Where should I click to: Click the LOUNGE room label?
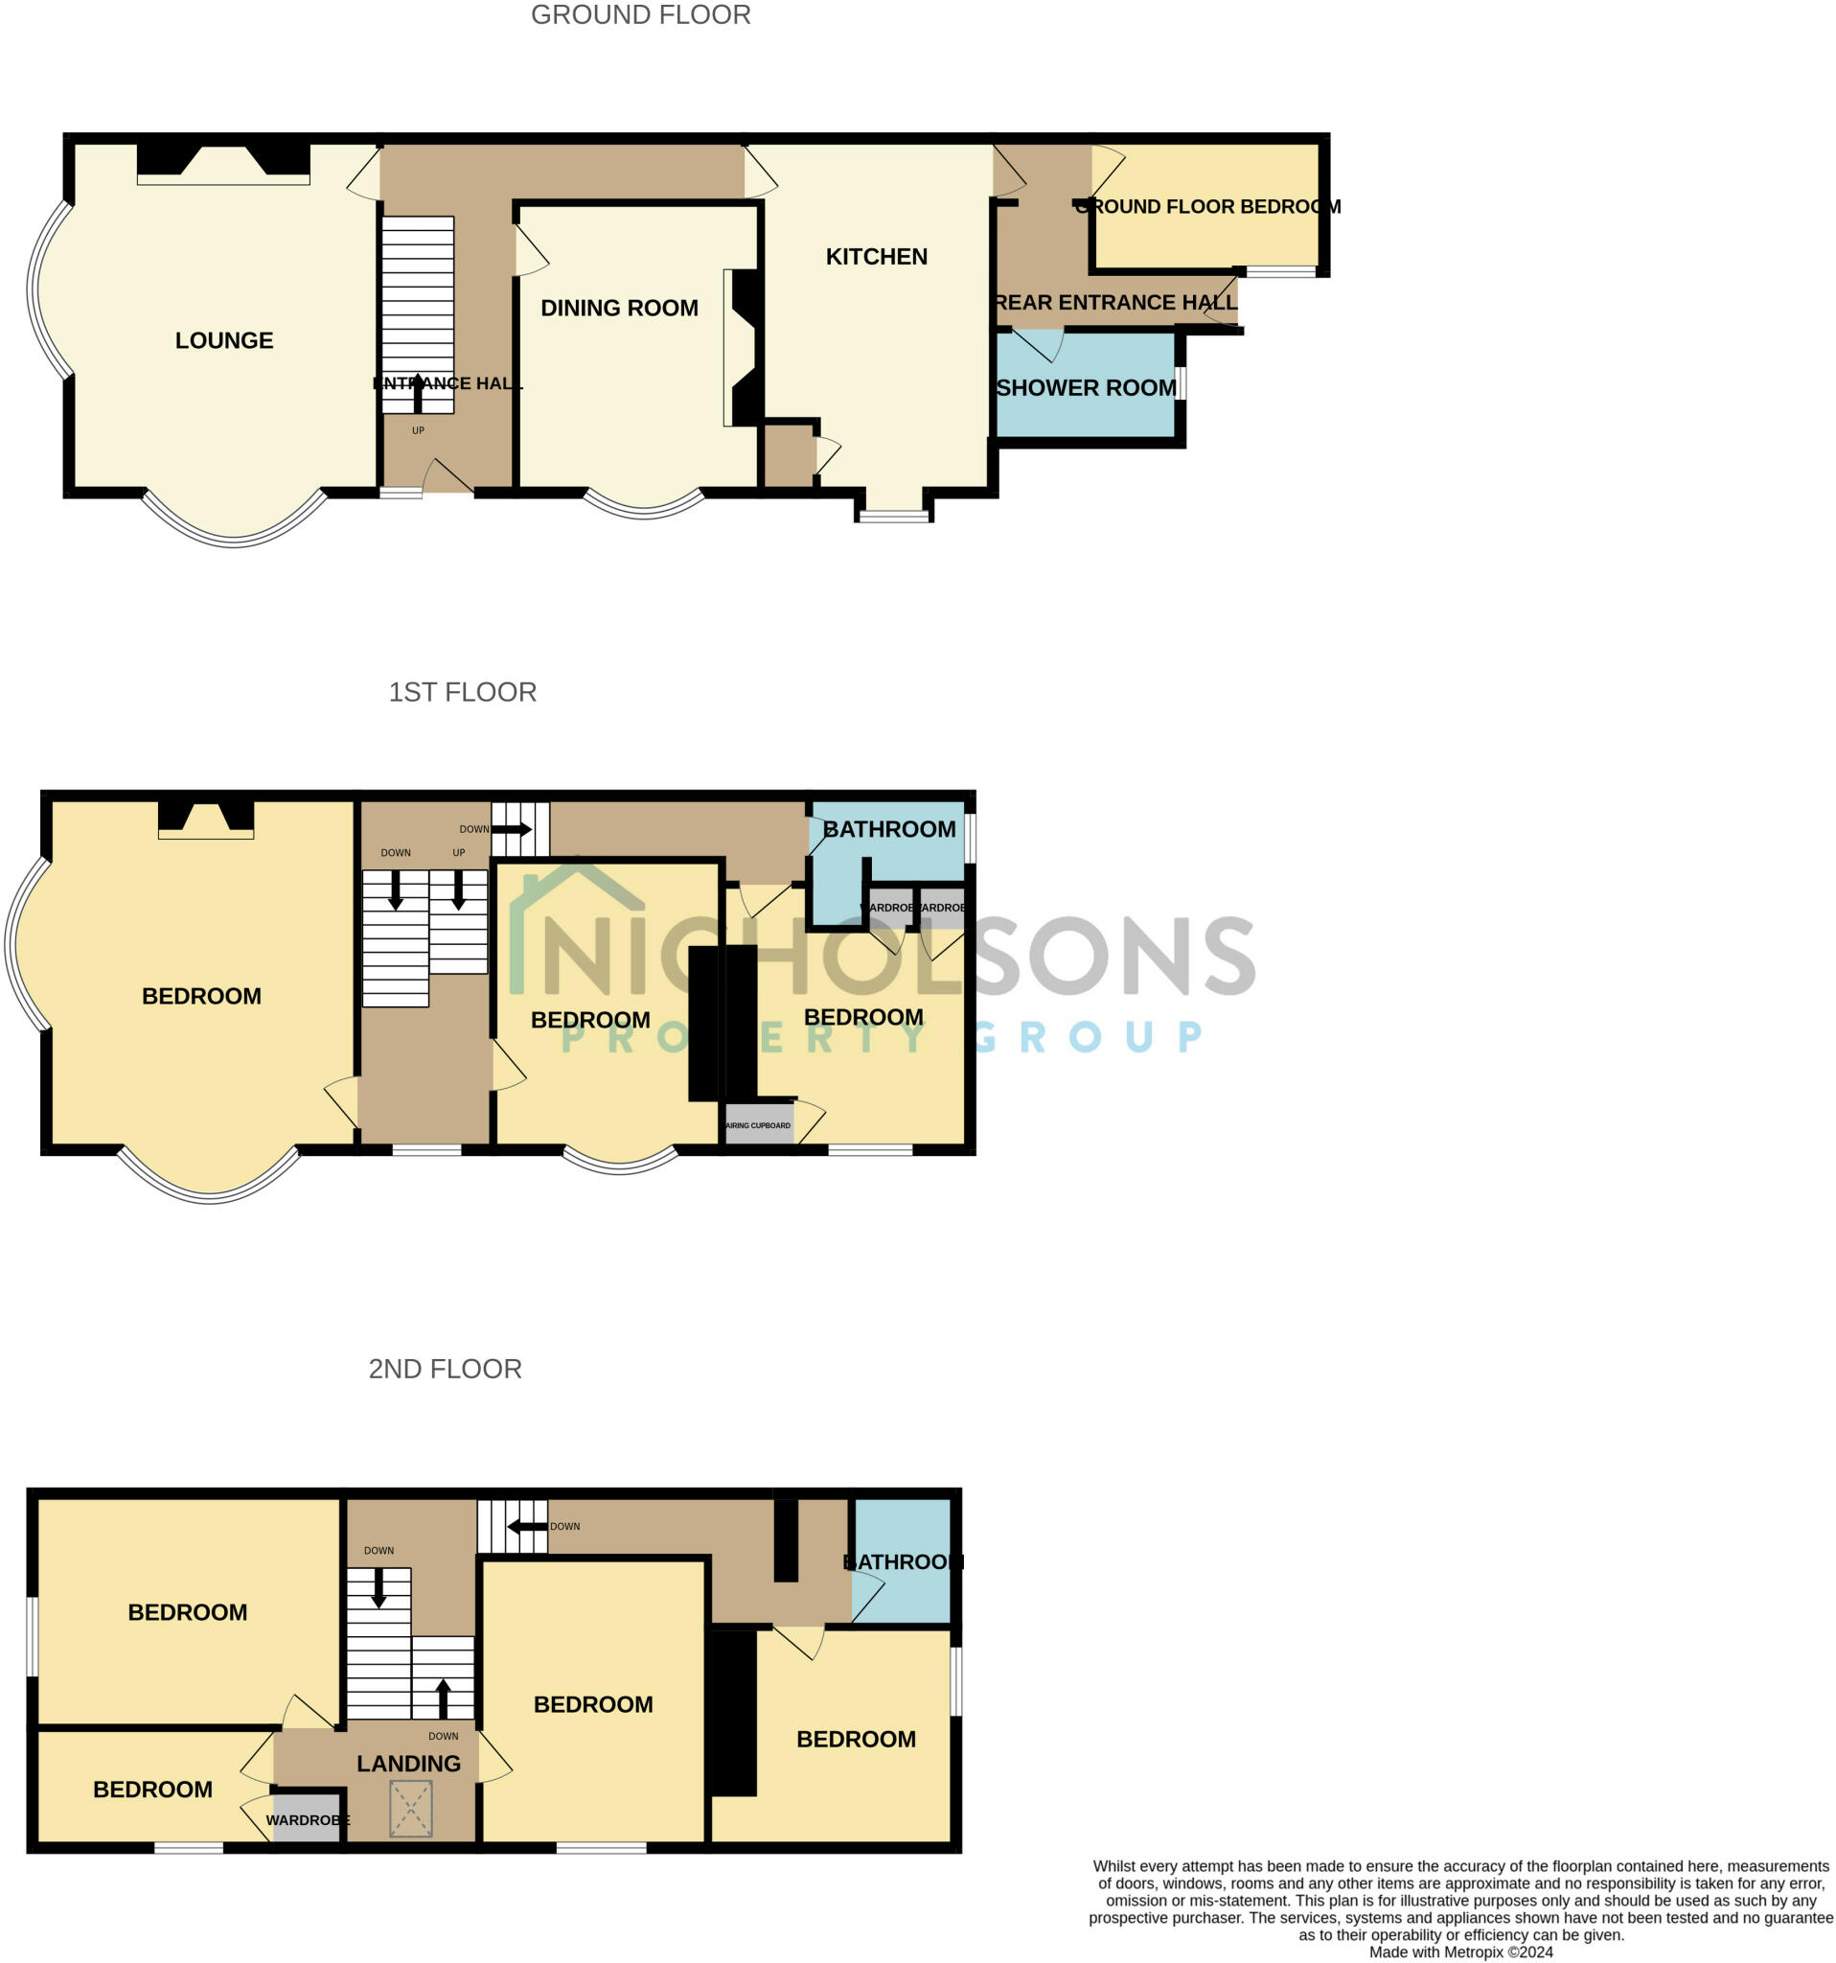click(x=224, y=340)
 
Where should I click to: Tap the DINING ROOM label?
click(x=619, y=308)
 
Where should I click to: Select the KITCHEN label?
click(x=876, y=257)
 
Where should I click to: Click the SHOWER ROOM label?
click(x=1085, y=388)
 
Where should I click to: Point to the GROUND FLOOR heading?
click(x=641, y=14)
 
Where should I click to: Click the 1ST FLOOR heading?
click(x=462, y=692)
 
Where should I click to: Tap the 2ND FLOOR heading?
click(x=445, y=1369)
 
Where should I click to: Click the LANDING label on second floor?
click(x=408, y=1764)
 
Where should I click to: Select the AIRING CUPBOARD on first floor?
click(x=758, y=1125)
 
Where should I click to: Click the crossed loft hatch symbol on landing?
click(x=411, y=1809)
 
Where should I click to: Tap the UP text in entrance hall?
click(x=418, y=430)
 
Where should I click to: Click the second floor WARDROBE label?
click(x=307, y=1820)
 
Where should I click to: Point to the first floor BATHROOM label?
click(x=888, y=829)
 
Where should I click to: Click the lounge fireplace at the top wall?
click(x=223, y=164)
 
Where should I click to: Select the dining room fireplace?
click(x=743, y=348)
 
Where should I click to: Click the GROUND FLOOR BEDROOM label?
click(x=1206, y=207)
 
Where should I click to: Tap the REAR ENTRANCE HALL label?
click(x=1115, y=303)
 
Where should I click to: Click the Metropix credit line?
click(x=1460, y=1952)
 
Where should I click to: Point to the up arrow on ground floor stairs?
click(x=418, y=392)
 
